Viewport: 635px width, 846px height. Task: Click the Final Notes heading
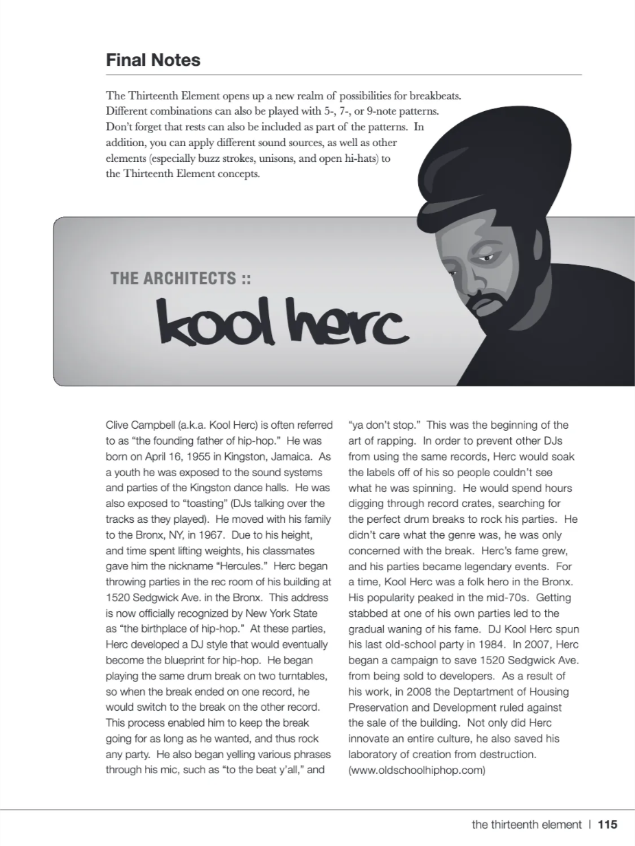(153, 60)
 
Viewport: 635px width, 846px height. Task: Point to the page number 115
(608, 825)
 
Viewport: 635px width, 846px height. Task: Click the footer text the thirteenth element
(526, 825)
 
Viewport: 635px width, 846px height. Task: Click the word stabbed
(369, 613)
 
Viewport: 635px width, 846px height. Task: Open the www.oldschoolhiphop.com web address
(417, 770)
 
